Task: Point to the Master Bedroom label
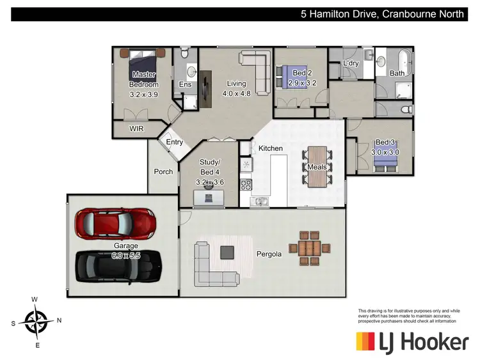click(144, 79)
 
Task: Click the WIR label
click(136, 129)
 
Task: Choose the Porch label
click(163, 171)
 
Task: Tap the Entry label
click(175, 142)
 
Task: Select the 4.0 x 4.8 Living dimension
click(236, 93)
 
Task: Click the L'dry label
click(351, 63)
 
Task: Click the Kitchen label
click(270, 148)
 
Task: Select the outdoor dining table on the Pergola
click(309, 247)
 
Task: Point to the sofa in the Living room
click(257, 70)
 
